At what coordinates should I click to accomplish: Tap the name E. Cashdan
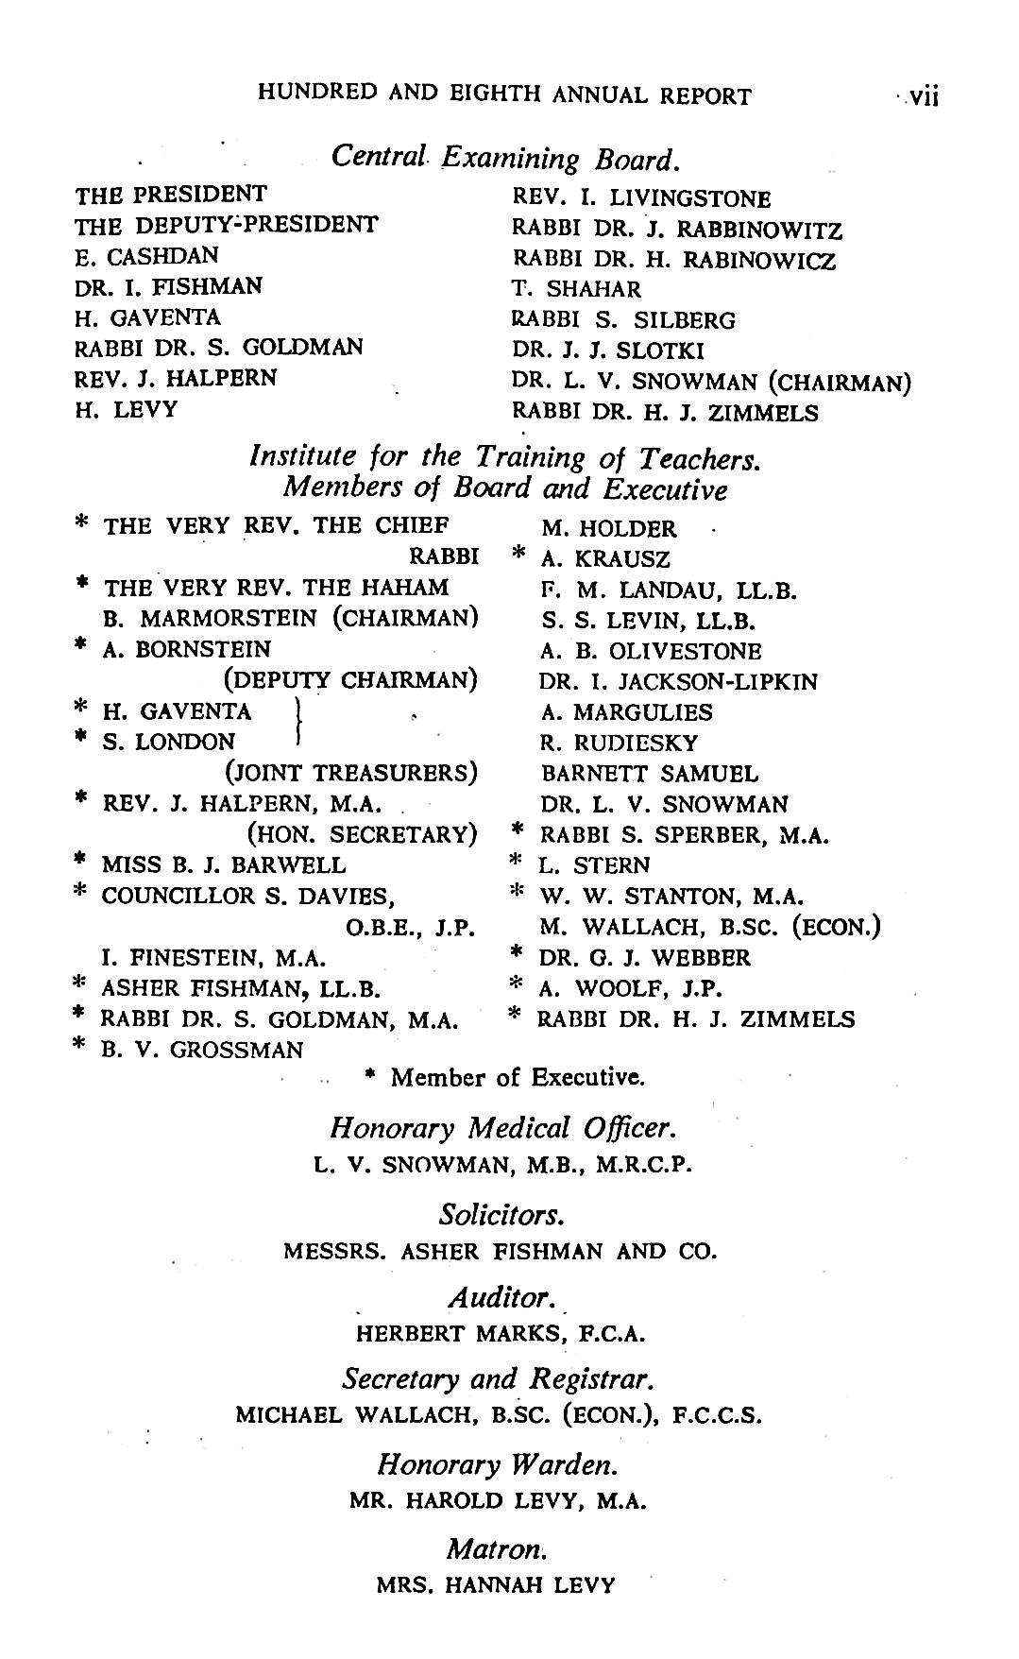(146, 255)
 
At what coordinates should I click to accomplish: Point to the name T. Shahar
(576, 289)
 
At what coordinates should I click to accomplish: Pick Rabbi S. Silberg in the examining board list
(623, 320)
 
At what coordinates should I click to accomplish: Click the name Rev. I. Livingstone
(641, 198)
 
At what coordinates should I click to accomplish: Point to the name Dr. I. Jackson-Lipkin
(678, 681)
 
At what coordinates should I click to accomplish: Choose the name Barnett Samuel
(650, 774)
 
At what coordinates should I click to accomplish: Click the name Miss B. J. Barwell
(223, 864)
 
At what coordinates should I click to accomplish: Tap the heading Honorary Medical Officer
(503, 1128)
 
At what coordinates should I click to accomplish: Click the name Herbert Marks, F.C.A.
(501, 1334)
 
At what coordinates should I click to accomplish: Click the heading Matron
(497, 1549)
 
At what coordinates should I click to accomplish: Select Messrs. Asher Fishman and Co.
(501, 1252)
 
